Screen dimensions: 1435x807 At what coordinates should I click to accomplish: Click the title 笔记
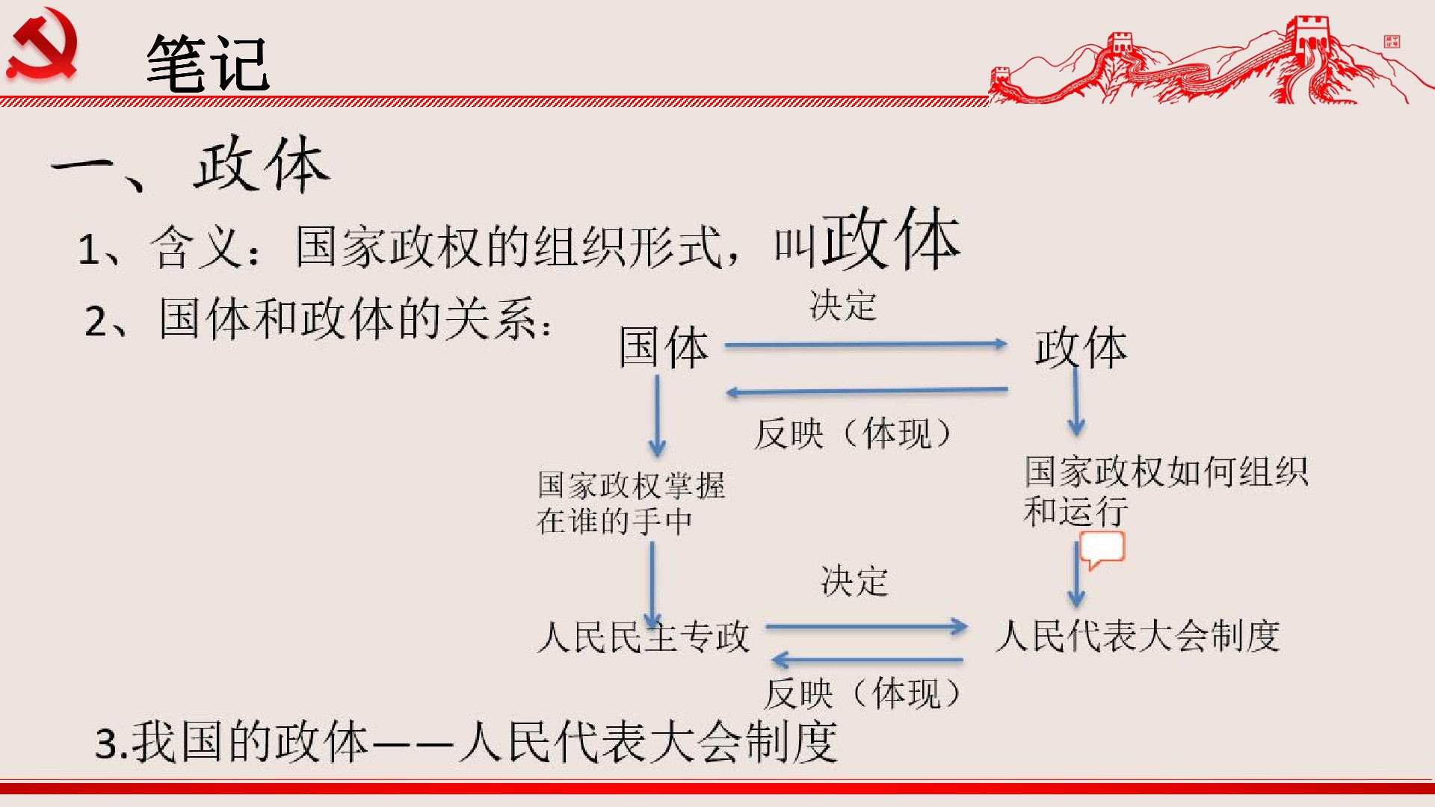(208, 64)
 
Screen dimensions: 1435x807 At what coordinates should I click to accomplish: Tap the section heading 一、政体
(191, 165)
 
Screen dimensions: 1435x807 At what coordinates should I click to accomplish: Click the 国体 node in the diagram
(664, 347)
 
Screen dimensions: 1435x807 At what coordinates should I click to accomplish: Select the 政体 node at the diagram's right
(1081, 347)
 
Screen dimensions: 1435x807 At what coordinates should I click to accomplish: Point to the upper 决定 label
(843, 306)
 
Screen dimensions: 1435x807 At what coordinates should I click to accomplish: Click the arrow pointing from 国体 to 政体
(866, 344)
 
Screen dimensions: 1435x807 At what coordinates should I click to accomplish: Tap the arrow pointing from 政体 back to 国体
(867, 391)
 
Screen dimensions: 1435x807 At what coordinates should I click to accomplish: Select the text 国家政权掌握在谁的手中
(631, 503)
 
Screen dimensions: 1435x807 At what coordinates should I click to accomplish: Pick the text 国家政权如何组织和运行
(1166, 491)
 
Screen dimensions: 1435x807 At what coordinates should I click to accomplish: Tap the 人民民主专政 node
(644, 637)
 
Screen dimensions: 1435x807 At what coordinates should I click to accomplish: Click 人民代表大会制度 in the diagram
(1138, 636)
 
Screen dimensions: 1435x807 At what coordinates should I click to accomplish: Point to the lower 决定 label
(854, 581)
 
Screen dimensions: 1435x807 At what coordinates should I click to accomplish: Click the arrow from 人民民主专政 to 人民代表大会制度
(867, 627)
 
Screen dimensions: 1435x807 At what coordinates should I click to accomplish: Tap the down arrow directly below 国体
(657, 415)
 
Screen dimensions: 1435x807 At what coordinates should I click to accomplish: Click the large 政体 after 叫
(891, 239)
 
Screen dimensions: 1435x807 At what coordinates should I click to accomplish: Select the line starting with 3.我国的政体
(466, 742)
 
